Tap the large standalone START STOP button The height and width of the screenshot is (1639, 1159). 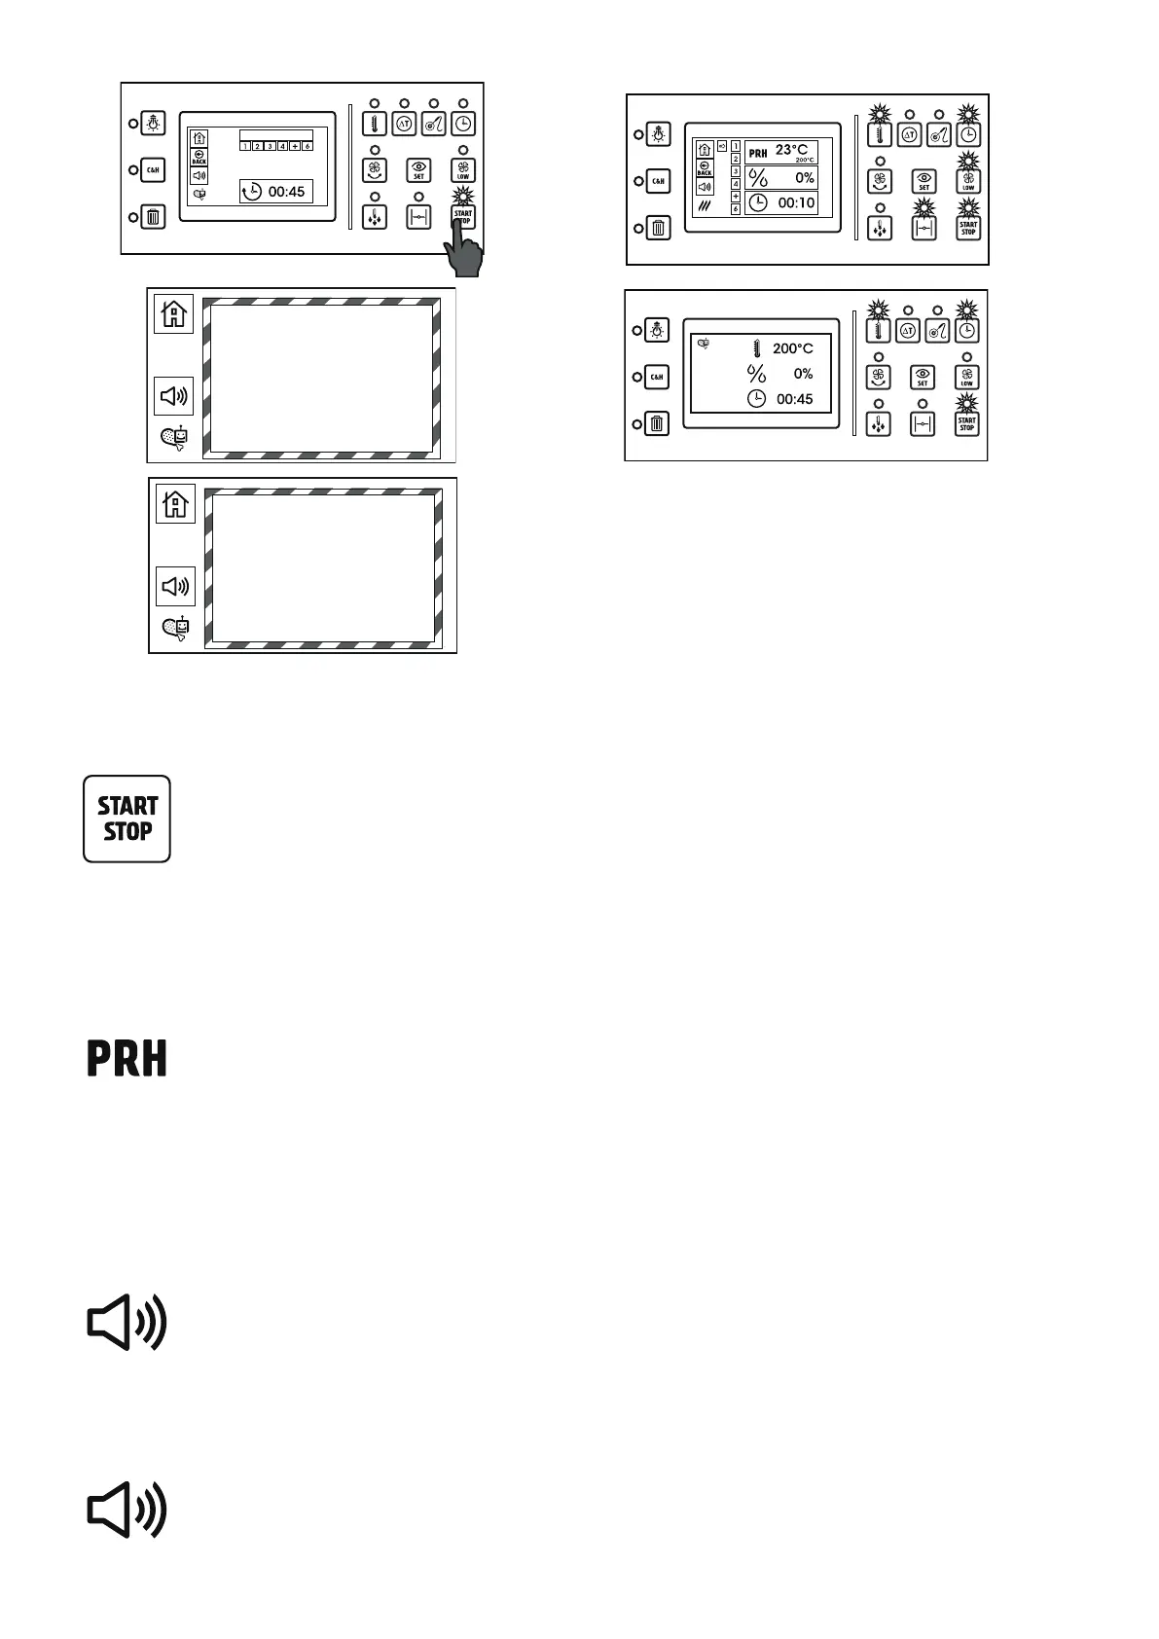(x=127, y=819)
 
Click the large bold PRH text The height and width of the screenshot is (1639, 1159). (x=127, y=1058)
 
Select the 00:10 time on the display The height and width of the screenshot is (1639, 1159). (x=796, y=203)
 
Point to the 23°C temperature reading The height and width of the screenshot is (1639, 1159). (x=791, y=150)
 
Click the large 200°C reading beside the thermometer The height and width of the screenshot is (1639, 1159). (x=792, y=348)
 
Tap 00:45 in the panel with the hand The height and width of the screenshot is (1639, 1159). (x=286, y=192)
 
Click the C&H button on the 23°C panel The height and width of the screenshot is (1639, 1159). (x=659, y=181)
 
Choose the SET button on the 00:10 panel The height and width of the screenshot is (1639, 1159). (x=924, y=182)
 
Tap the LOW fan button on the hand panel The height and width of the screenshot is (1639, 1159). (x=463, y=170)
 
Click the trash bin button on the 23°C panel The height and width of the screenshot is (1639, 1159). (x=659, y=229)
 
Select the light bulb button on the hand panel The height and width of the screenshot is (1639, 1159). (x=153, y=123)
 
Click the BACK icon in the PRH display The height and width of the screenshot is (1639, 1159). (x=705, y=168)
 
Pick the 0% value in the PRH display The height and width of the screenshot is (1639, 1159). (x=805, y=178)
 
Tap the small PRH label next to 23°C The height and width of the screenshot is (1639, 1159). (x=757, y=153)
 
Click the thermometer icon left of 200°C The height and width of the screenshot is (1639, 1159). (x=756, y=347)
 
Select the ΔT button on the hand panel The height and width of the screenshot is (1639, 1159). (x=404, y=124)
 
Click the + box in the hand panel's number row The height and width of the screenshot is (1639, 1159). (x=295, y=146)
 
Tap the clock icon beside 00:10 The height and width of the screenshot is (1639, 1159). (x=757, y=203)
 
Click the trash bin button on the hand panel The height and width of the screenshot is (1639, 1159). (x=153, y=217)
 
